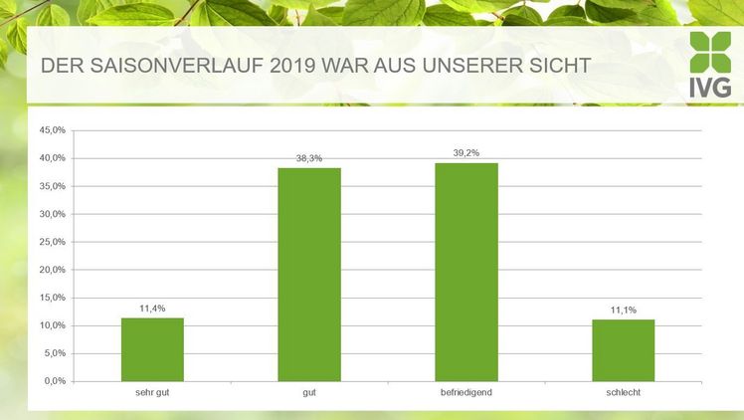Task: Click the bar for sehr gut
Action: point(152,348)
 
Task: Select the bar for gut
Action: point(309,274)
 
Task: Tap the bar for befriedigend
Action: point(466,271)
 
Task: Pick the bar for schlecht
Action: point(624,349)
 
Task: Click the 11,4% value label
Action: point(152,309)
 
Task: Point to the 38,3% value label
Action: point(309,158)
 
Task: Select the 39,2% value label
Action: point(466,153)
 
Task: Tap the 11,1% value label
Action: point(624,311)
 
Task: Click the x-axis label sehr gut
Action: point(152,393)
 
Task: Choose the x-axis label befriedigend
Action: point(466,393)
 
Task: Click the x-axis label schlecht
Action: point(624,393)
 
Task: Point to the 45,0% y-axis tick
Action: point(52,130)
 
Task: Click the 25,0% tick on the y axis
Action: point(52,242)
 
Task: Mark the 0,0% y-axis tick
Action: point(54,381)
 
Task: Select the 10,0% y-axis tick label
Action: point(52,325)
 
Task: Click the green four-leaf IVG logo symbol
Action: point(710,52)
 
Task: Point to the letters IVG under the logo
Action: point(710,88)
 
